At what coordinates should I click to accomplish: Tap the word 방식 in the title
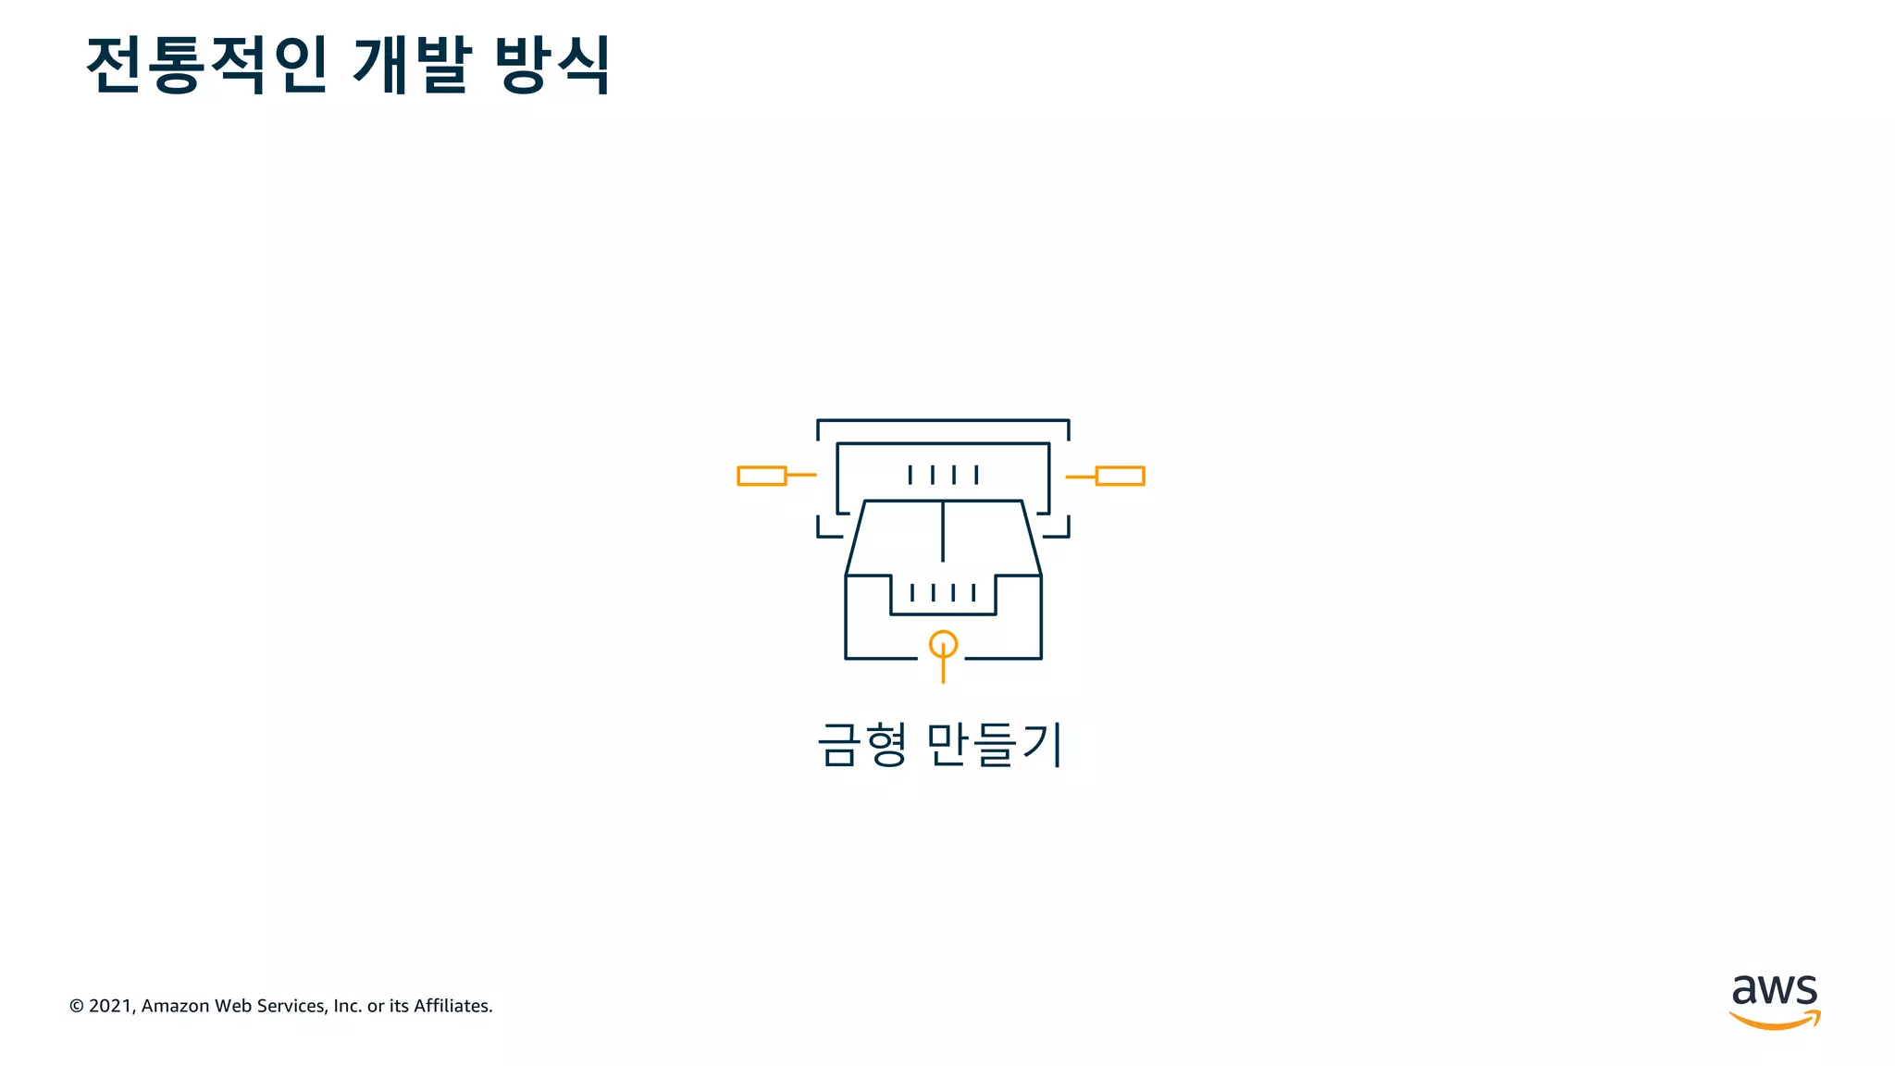(x=552, y=65)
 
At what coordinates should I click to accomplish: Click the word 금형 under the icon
(x=861, y=745)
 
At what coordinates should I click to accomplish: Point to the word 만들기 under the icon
(x=994, y=745)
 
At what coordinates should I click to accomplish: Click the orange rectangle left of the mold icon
(x=762, y=476)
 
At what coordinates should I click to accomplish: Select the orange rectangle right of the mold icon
(x=1121, y=476)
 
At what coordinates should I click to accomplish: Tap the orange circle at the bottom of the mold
(x=943, y=644)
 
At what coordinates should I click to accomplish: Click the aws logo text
(x=1774, y=990)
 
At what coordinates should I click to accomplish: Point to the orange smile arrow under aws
(x=1774, y=1021)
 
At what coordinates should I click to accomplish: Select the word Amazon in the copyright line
(x=175, y=1006)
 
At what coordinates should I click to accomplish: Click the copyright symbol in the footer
(x=77, y=1006)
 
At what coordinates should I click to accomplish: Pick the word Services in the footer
(x=291, y=1006)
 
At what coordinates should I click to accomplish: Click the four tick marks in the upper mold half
(x=943, y=475)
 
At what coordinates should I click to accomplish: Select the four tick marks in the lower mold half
(x=943, y=592)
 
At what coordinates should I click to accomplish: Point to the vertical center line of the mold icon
(x=943, y=531)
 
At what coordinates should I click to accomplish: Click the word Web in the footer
(x=233, y=1006)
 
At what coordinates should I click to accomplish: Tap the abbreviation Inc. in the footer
(x=347, y=1006)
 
